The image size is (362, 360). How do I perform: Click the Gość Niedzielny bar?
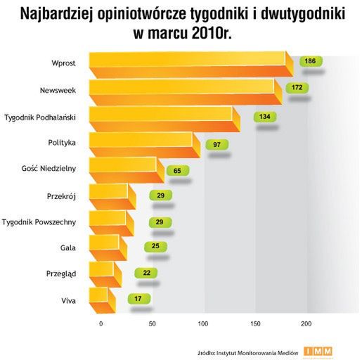(x=123, y=168)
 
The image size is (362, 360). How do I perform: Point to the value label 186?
(x=309, y=62)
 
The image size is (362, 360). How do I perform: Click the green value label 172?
(x=297, y=88)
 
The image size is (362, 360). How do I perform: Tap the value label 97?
(x=217, y=144)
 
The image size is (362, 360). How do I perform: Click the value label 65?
(x=177, y=170)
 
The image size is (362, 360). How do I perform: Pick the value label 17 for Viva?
(x=138, y=299)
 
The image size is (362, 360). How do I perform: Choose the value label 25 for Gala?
(x=155, y=246)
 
